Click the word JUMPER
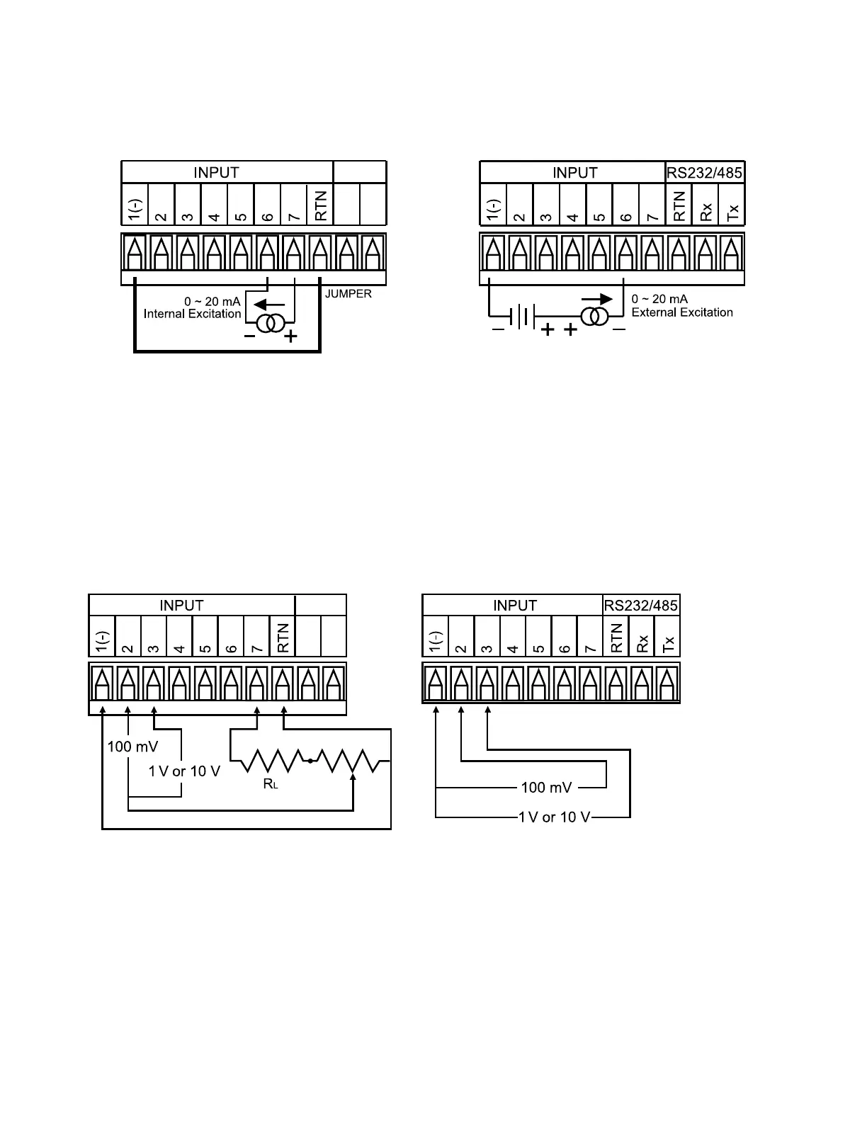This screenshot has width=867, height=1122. pos(348,294)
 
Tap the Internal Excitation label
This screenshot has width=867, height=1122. pos(192,314)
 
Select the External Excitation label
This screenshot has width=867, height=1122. pos(682,312)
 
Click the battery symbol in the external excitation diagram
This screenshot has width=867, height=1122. pos(521,316)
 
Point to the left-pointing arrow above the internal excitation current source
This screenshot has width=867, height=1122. pos(268,305)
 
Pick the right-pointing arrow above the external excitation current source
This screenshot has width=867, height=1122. pos(596,300)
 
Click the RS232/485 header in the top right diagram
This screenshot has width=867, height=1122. pos(705,172)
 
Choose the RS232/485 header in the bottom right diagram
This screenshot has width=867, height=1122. pos(641,606)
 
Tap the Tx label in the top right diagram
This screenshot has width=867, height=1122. pos(732,210)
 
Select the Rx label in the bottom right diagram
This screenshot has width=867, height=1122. pos(642,643)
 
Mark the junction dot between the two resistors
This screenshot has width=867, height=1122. pos(310,762)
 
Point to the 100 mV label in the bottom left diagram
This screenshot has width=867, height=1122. pos(132,746)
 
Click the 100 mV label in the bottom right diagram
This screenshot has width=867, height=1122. pos(546,788)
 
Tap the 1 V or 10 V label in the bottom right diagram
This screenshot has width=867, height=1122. pos(554,817)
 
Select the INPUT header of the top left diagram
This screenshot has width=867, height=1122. pos(216,172)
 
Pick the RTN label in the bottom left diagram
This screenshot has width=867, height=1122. pos(283,637)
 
